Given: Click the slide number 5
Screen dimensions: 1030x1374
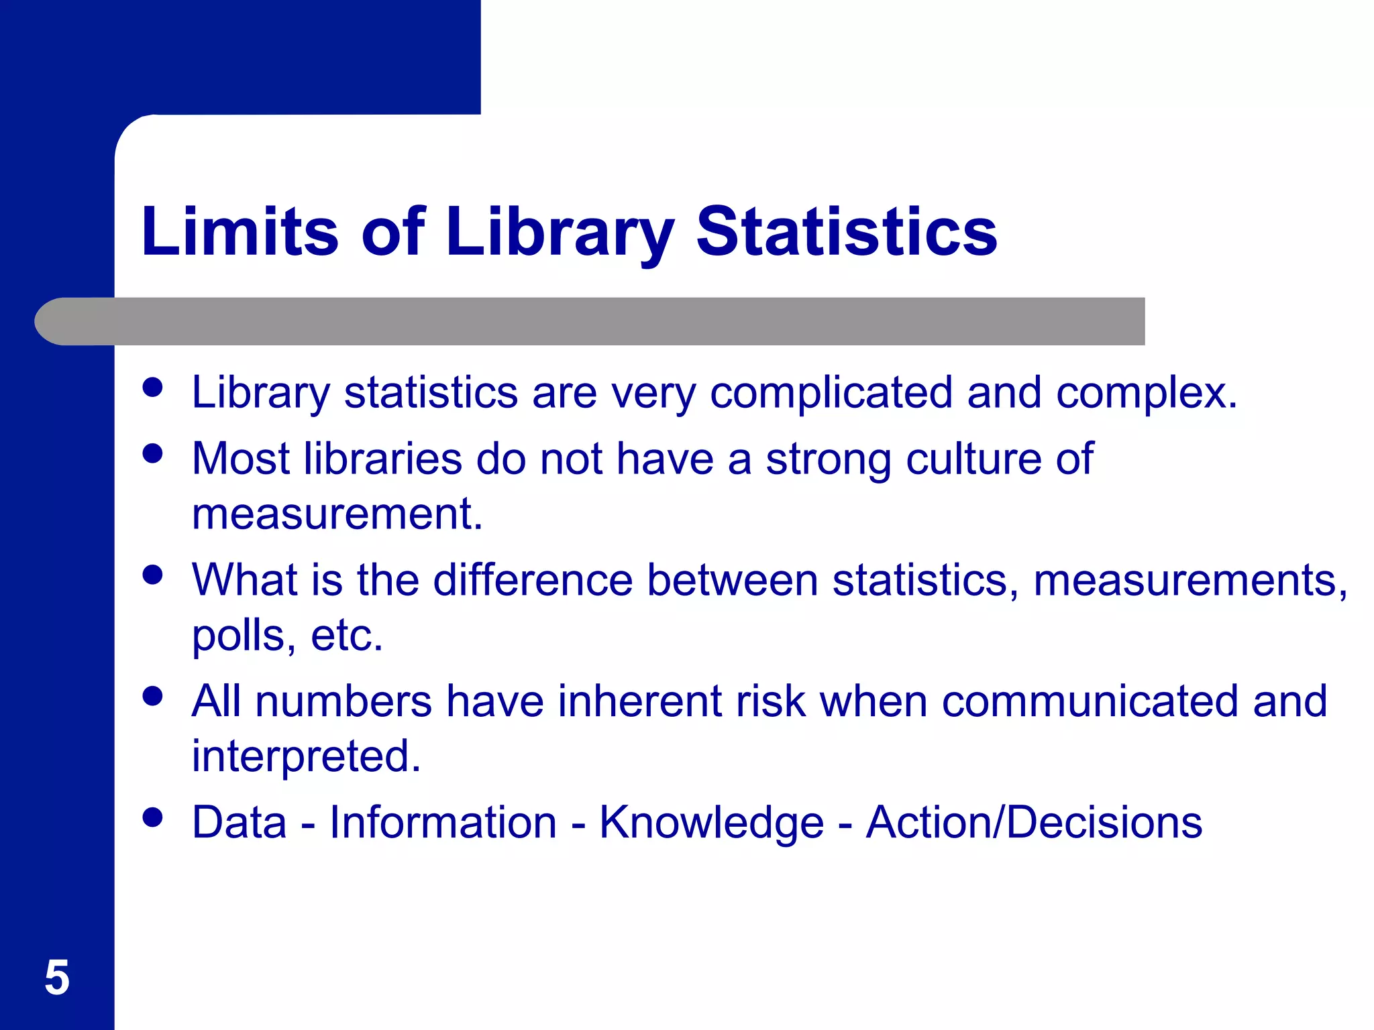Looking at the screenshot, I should point(57,978).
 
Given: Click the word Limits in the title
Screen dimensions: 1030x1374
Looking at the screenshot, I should point(240,231).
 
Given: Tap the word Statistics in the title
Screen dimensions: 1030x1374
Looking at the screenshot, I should point(847,231).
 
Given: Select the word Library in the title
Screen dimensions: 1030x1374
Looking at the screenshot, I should point(560,233).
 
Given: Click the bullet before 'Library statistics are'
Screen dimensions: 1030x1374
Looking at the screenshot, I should point(153,387).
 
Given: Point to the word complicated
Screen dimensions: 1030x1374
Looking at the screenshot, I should point(831,392).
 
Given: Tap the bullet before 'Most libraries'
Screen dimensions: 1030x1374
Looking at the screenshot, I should point(153,453).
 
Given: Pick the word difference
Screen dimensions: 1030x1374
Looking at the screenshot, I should point(533,579).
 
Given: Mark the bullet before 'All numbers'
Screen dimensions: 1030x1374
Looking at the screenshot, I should point(153,696).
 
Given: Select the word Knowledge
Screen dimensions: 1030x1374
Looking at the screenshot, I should point(711,823).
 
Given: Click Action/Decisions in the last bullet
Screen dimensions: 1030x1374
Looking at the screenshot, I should point(1034,823).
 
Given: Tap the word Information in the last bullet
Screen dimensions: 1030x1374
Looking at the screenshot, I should point(443,823).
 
